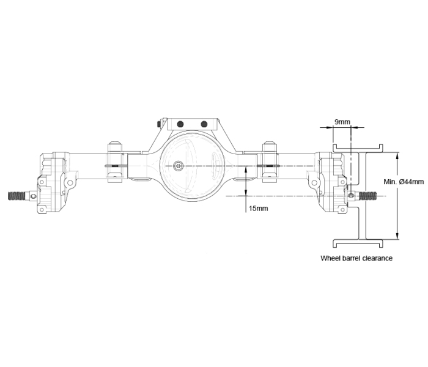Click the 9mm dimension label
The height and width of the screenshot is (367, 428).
pyautogui.click(x=342, y=122)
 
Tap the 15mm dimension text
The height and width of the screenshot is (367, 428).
pyautogui.click(x=258, y=209)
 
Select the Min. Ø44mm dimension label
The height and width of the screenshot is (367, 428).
pyautogui.click(x=404, y=182)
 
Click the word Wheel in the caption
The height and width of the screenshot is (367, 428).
pyautogui.click(x=329, y=258)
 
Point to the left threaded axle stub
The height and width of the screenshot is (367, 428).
pyautogui.click(x=17, y=196)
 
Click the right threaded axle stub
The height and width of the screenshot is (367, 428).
pyautogui.click(x=368, y=196)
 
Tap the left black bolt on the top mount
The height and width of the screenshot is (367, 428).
pyautogui.click(x=180, y=124)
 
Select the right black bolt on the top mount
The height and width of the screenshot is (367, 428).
pyautogui.click(x=204, y=124)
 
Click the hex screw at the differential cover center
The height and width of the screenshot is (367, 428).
pyautogui.click(x=179, y=166)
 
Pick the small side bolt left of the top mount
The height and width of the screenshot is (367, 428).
pyautogui.click(x=159, y=124)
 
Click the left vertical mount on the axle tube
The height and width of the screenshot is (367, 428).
pyautogui.click(x=115, y=162)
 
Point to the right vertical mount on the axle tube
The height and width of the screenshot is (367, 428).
pyautogui.click(x=270, y=162)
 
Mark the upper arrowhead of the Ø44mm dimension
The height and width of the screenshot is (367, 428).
pyautogui.click(x=397, y=156)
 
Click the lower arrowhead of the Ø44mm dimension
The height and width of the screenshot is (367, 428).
pyautogui.click(x=397, y=235)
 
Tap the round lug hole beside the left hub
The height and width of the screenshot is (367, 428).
pyautogui.click(x=70, y=182)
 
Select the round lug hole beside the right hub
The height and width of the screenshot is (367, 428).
pyautogui.click(x=314, y=182)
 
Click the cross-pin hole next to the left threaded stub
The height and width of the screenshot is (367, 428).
pyautogui.click(x=33, y=196)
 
